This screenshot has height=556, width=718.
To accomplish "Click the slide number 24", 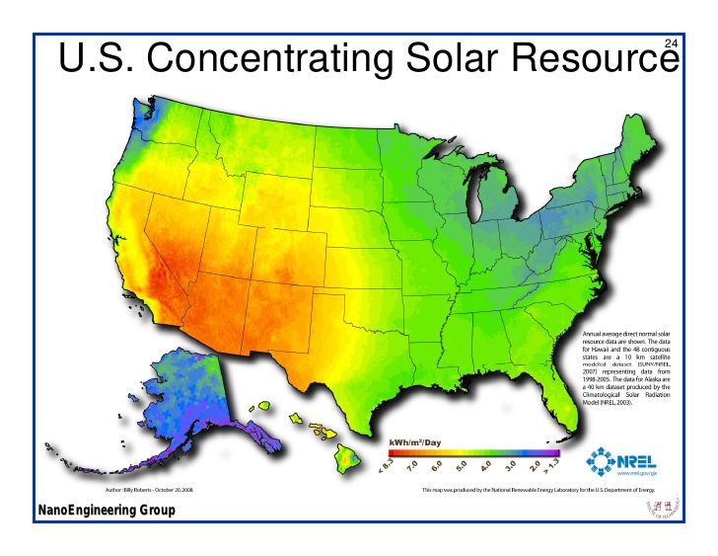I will pyautogui.click(x=672, y=43).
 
